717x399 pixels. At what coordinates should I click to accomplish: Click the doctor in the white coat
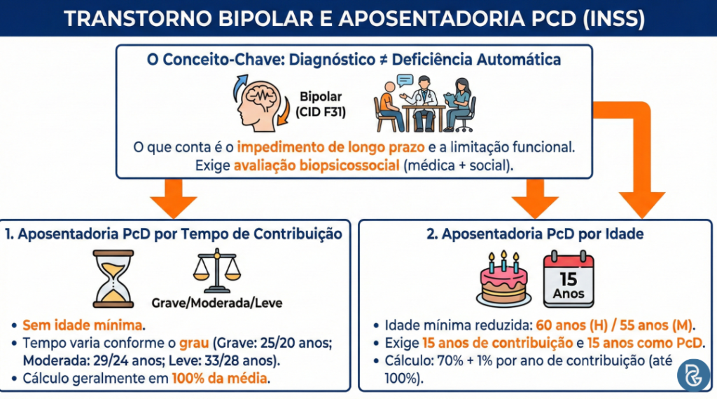424,105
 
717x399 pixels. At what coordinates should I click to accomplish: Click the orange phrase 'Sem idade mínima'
83,325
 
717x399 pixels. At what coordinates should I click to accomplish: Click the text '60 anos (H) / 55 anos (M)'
614,325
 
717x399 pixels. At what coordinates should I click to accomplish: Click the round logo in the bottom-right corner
692,376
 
